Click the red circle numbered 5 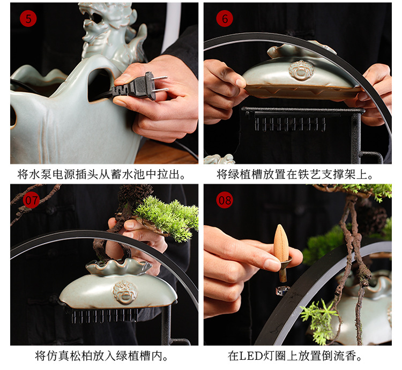click(x=28, y=19)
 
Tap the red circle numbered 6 click(x=224, y=19)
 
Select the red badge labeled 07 click(x=31, y=200)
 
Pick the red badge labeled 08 click(x=225, y=200)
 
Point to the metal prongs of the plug click(x=160, y=84)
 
